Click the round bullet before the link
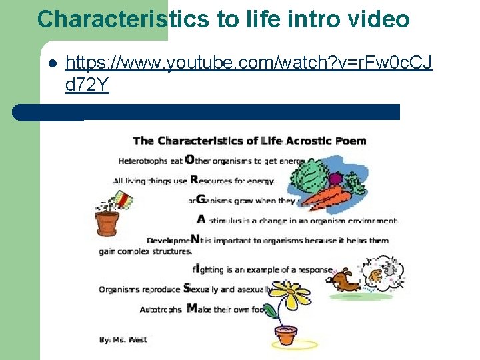tap(52, 64)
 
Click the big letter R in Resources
tap(194, 179)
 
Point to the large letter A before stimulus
tap(201, 219)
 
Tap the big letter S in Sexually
tap(187, 289)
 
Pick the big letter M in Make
tap(192, 308)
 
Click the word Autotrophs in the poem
tap(160, 309)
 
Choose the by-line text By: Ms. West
tap(123, 340)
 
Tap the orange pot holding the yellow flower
tap(287, 335)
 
